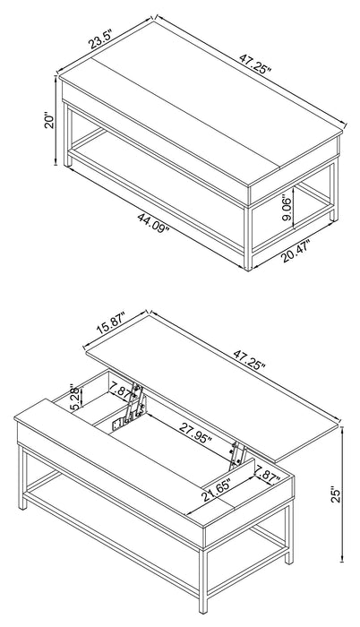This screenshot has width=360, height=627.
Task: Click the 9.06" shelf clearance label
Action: click(287, 210)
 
